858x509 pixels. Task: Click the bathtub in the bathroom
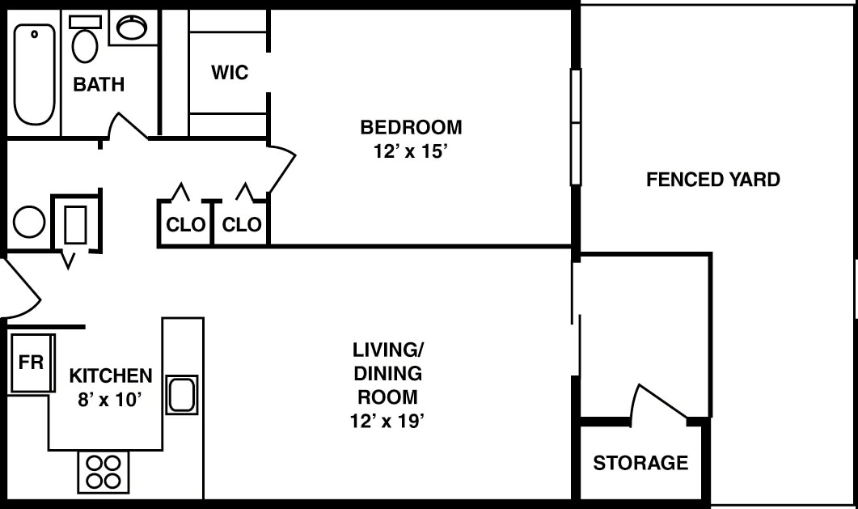(35, 74)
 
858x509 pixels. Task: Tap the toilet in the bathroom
(84, 41)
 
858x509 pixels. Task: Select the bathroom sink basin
(131, 28)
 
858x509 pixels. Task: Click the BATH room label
(99, 84)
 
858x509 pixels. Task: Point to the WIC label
(230, 73)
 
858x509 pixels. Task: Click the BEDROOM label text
(411, 127)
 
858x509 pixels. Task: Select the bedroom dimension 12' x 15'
(411, 152)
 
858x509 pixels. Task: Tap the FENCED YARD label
(712, 180)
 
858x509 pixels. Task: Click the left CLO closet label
(185, 225)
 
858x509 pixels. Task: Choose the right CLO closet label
(242, 225)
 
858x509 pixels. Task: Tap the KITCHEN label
(110, 375)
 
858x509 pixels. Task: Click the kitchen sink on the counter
(182, 395)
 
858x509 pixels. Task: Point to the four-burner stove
(104, 472)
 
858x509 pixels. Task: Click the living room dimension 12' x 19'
(387, 421)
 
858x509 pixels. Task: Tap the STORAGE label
(640, 463)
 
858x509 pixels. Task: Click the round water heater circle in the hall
(29, 222)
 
